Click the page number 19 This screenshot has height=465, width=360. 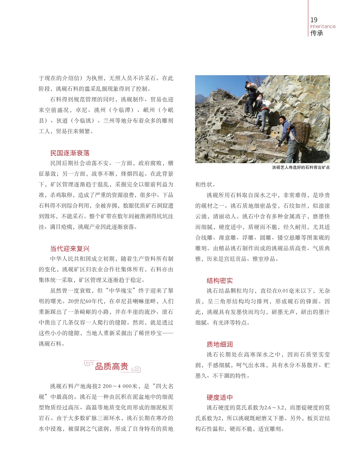click(314, 20)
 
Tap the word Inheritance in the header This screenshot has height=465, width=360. click(323, 26)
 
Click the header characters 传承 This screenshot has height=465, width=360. click(317, 33)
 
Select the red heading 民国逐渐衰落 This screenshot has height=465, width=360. click(70, 153)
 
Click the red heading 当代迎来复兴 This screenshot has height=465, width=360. click(70, 249)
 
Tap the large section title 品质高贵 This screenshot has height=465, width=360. click(112, 366)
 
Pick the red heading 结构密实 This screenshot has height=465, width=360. click(220, 281)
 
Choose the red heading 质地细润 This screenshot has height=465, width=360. click(220, 344)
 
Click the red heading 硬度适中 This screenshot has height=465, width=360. click(220, 397)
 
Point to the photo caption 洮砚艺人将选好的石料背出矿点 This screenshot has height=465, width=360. click(301, 167)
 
